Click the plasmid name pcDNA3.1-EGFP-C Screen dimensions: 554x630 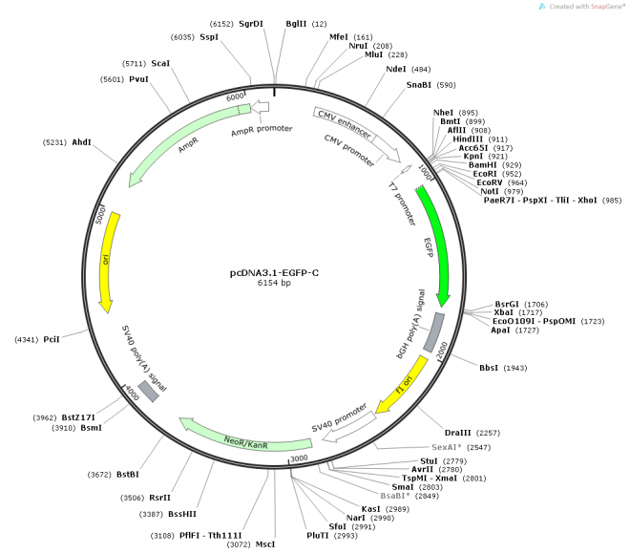coord(274,272)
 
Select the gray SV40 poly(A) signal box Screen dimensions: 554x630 coord(148,391)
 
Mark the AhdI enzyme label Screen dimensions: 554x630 coord(81,142)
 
